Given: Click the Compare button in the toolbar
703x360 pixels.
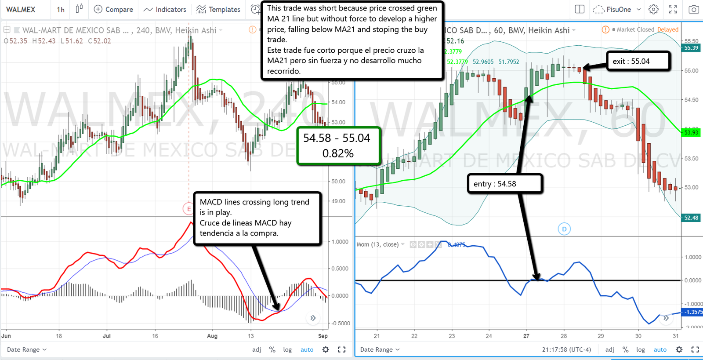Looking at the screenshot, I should (114, 9).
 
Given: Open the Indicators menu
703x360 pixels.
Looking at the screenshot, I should (165, 9).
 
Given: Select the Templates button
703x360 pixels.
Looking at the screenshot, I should (218, 9).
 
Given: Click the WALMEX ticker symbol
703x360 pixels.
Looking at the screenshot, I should (21, 9).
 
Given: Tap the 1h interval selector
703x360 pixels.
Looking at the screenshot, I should (61, 9).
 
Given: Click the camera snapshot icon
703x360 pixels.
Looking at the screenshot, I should (693, 9).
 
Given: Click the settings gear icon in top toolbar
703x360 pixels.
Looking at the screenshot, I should (653, 9).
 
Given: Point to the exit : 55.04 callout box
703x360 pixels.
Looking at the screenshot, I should (638, 61).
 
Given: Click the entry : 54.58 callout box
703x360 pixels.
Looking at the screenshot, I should (505, 184).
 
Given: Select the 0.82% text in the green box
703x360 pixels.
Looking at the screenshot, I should (338, 153).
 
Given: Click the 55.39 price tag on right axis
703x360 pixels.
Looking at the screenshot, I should (691, 48).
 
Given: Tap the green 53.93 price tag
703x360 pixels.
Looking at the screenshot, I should (691, 132).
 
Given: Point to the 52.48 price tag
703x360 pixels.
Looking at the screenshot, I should (691, 218).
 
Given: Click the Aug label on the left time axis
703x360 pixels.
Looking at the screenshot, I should (212, 336).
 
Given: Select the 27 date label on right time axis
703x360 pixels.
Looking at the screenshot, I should (526, 336).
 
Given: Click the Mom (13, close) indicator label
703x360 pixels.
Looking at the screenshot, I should (377, 244).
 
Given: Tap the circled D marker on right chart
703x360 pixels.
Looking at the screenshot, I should (564, 229).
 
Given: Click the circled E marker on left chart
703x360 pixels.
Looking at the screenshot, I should (189, 209).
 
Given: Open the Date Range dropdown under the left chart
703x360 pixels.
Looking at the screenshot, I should (26, 349).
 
